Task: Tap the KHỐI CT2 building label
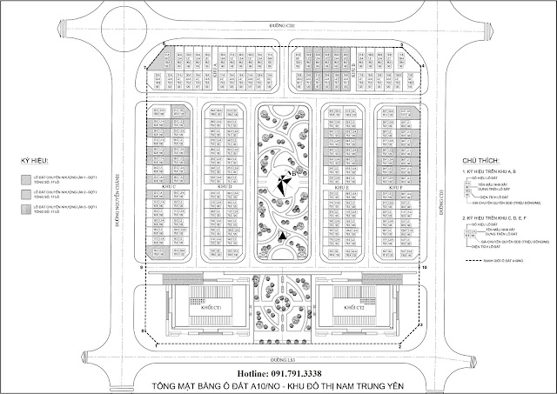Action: point(350,307)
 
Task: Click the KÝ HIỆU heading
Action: point(32,164)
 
